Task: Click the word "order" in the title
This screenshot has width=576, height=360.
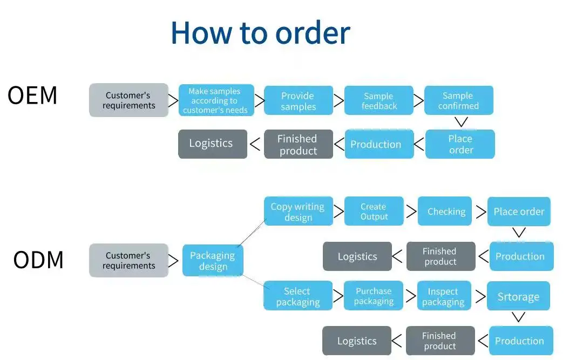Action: pyautogui.click(x=313, y=33)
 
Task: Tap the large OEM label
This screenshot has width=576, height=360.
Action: pyautogui.click(x=32, y=96)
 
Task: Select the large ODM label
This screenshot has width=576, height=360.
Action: pyautogui.click(x=38, y=260)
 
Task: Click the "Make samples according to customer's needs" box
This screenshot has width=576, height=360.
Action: pyautogui.click(x=215, y=100)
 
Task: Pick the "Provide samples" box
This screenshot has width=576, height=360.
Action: pyautogui.click(x=298, y=101)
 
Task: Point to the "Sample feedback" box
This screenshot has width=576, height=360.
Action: pyautogui.click(x=378, y=101)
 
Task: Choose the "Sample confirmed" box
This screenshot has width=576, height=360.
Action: pyautogui.click(x=458, y=101)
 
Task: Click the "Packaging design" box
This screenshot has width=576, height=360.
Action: pyautogui.click(x=213, y=261)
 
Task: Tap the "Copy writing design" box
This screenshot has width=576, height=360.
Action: pyautogui.click(x=297, y=212)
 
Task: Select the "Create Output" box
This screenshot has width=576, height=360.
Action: pyautogui.click(x=374, y=212)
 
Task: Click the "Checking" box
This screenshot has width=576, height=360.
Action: pyautogui.click(x=446, y=212)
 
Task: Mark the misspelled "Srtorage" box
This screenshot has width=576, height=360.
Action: pyautogui.click(x=518, y=296)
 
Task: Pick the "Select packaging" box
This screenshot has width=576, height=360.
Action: pyautogui.click(x=297, y=296)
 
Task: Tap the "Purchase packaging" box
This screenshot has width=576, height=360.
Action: pyautogui.click(x=374, y=296)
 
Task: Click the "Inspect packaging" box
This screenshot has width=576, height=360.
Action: pyautogui.click(x=443, y=296)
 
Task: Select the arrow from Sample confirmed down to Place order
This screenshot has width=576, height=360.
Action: pyautogui.click(x=460, y=123)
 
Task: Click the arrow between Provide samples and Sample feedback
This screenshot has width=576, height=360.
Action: pyautogui.click(x=338, y=101)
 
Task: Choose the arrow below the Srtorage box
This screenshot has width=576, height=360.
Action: pyautogui.click(x=518, y=317)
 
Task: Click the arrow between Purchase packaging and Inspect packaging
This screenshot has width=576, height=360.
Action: pyautogui.click(x=410, y=296)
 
